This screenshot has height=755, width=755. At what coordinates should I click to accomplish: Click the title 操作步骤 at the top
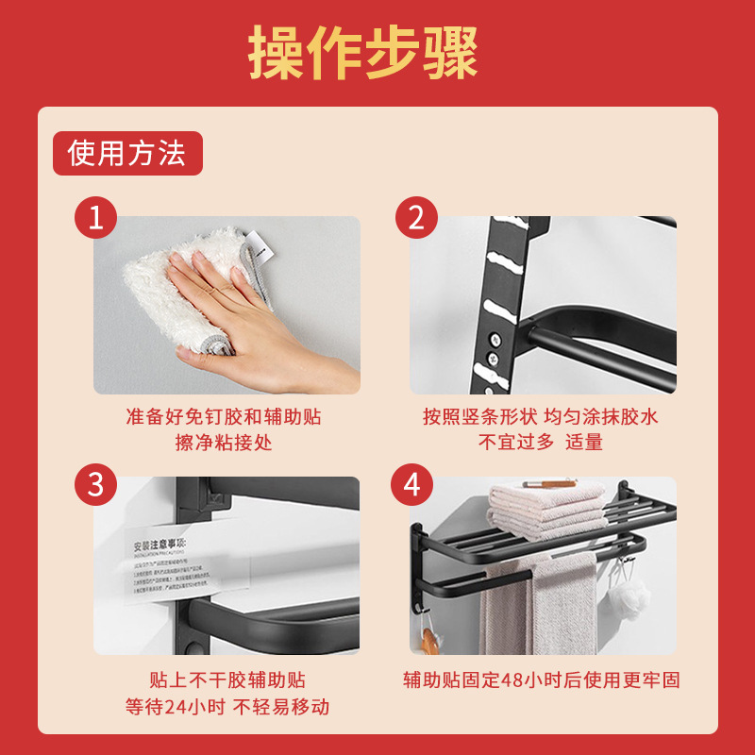pos(363,51)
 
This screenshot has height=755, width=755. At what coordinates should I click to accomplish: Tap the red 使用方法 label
pos(127,153)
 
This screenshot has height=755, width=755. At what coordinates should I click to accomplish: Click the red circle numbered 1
pos(95,219)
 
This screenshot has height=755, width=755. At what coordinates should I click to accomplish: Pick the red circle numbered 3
pos(95,485)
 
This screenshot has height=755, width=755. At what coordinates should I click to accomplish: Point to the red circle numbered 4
pos(412,485)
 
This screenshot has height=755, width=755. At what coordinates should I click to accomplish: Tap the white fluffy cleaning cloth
pos(179,293)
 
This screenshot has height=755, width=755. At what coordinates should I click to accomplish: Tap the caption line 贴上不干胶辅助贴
pos(227,680)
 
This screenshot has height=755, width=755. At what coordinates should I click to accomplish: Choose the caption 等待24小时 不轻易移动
pos(227,706)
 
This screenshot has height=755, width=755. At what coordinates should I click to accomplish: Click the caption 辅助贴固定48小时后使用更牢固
pos(542,680)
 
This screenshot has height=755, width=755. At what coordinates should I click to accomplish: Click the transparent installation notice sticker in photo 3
pos(179,566)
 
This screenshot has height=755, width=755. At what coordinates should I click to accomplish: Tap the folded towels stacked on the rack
pos(547,510)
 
